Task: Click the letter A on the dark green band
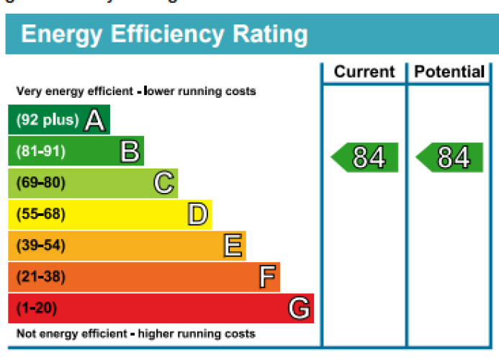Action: coord(94,120)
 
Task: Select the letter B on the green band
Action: coord(129,151)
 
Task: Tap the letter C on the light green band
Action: coord(163,183)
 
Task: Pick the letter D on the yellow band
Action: coord(197,214)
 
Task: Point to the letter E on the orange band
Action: coord(232,246)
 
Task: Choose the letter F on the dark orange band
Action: coord(266,277)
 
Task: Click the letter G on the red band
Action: coord(300,308)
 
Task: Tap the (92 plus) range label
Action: coord(48,120)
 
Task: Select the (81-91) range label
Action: coord(40,151)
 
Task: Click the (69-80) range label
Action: coord(40,183)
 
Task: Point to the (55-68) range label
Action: coord(40,215)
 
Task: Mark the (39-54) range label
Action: coord(40,246)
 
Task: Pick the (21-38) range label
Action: coord(40,277)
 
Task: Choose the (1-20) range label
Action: coord(36,308)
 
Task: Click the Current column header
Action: coord(364,72)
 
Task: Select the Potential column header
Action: coord(449,72)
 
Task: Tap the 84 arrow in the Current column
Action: coord(365,158)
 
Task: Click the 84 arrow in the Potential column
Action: coord(450,158)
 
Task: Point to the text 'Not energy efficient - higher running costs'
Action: coord(135,334)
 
